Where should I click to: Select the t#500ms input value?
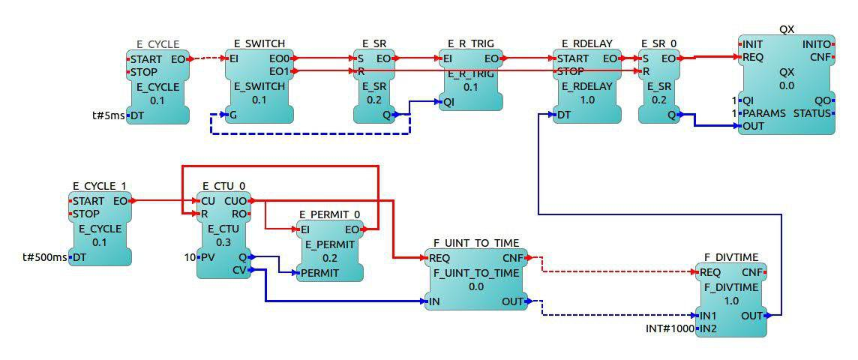click(x=46, y=257)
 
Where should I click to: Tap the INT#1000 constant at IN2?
click(x=670, y=328)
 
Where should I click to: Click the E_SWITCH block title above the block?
click(x=259, y=44)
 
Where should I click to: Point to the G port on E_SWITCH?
click(x=233, y=115)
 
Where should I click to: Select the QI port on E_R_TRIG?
click(x=448, y=101)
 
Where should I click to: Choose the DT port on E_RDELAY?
click(x=562, y=115)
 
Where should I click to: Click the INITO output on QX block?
click(x=817, y=44)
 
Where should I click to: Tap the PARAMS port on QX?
click(x=763, y=113)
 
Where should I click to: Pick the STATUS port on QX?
click(x=811, y=113)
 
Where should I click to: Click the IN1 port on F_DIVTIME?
click(x=708, y=316)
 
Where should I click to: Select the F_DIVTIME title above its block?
click(x=730, y=257)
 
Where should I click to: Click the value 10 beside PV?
click(x=190, y=257)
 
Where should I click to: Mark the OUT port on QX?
click(x=753, y=126)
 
